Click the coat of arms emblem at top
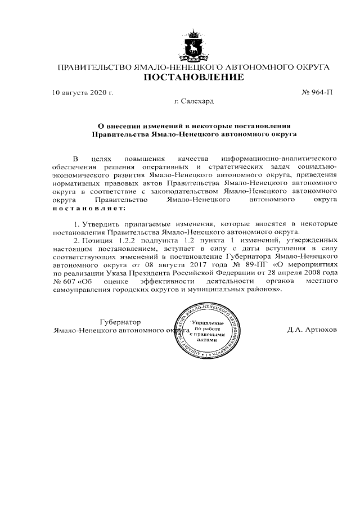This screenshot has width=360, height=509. coord(194,45)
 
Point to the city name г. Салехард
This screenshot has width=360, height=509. coord(194,101)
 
